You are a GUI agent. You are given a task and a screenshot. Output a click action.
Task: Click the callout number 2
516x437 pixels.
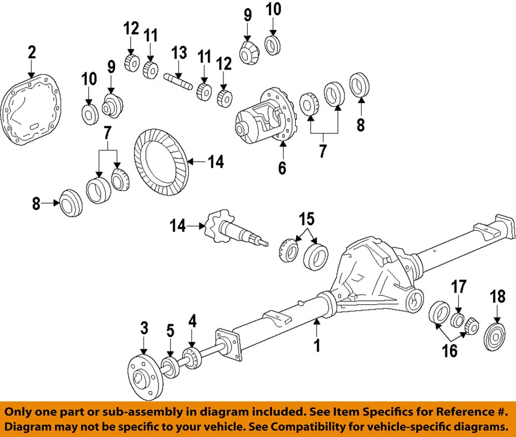(32, 52)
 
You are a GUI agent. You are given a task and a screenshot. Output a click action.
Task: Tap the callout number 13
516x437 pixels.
(179, 53)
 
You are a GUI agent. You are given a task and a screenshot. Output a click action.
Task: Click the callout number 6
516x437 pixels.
(282, 168)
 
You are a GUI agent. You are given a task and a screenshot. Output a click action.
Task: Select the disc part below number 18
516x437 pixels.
(495, 338)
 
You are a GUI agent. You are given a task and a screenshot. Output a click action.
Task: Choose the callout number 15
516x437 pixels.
(306, 220)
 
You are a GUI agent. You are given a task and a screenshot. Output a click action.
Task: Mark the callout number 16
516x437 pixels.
(449, 351)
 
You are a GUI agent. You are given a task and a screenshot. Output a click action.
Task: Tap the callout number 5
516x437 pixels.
(170, 331)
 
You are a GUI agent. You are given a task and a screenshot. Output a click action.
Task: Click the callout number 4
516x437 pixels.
(192, 321)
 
